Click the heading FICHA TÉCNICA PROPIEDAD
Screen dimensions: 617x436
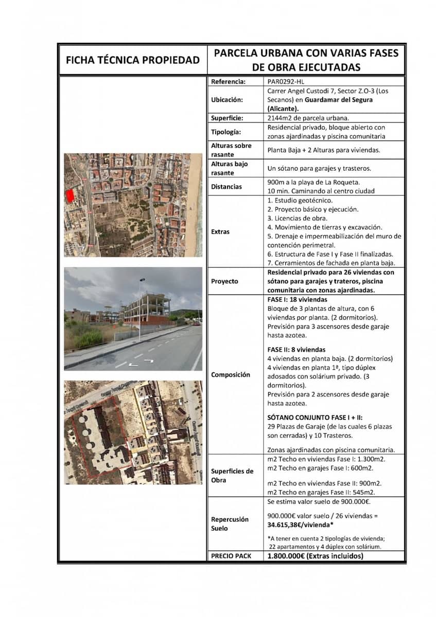pyautogui.click(x=132, y=60)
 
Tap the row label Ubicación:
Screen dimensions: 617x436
pyautogui.click(x=227, y=100)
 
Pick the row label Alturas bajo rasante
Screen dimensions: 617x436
pyautogui.click(x=229, y=168)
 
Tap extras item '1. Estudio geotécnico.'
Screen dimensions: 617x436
pyautogui.click(x=300, y=200)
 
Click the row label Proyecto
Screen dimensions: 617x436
pyautogui.click(x=225, y=281)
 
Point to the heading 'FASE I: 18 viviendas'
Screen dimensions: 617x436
pyautogui.click(x=297, y=299)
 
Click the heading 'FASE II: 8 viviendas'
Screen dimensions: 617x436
pyautogui.click(x=297, y=349)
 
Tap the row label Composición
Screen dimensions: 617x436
pyautogui.click(x=231, y=374)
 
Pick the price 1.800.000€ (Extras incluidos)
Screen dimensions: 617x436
pyautogui.click(x=315, y=556)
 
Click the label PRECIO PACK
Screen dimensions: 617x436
pyautogui.click(x=231, y=556)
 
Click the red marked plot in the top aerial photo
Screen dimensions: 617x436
pyautogui.click(x=69, y=195)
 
